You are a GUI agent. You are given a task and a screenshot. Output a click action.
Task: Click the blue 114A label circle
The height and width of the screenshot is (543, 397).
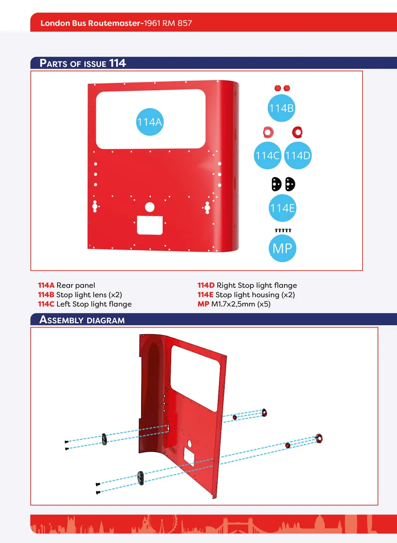point(149,122)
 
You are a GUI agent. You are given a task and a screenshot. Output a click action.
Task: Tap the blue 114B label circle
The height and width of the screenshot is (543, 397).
point(281,108)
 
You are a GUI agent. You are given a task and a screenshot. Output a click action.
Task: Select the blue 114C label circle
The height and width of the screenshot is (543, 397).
point(267,155)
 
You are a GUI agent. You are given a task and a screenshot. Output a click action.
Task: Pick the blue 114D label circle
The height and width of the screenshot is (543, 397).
point(298,155)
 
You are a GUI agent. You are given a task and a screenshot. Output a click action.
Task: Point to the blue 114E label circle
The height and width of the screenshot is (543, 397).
point(282,208)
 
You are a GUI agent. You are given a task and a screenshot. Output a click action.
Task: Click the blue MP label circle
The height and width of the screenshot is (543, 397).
point(282,248)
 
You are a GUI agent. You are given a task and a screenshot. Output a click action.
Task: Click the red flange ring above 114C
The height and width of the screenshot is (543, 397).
point(268,132)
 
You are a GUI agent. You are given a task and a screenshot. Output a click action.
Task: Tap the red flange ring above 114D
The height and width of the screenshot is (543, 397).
point(297,132)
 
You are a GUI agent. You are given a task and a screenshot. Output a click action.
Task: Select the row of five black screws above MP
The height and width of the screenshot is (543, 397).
point(283,230)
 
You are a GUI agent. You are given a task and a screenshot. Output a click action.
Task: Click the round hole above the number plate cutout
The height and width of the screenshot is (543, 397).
point(149,207)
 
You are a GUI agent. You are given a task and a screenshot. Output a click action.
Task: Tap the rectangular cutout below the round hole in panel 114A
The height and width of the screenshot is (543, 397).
point(150,225)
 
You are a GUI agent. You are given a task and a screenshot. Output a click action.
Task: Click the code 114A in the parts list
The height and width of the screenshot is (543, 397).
point(46,285)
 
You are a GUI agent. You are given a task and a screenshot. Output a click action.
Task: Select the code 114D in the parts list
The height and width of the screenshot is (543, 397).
point(206,285)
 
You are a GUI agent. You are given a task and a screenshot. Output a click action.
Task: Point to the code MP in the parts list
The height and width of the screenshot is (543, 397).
point(203,304)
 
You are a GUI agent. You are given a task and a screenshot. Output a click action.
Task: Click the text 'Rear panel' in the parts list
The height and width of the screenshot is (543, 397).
point(76,286)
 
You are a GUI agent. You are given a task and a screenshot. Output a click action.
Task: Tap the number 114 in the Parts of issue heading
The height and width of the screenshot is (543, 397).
point(117,63)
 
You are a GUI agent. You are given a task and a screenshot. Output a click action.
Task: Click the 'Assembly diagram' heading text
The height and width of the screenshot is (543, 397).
point(82,320)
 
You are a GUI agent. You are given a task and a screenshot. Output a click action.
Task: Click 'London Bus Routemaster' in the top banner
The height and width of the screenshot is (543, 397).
point(91,23)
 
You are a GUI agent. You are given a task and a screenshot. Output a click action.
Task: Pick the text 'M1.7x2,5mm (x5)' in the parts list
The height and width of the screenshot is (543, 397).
point(241,304)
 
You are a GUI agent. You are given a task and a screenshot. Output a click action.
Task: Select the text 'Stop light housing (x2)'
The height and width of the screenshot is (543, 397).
point(255,295)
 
